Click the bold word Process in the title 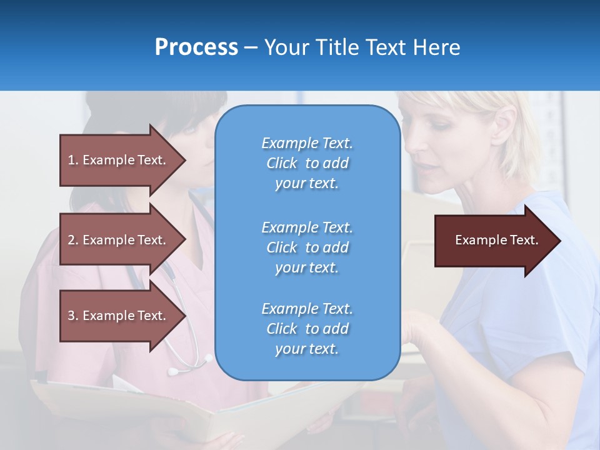coord(196,47)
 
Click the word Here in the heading coord(436,47)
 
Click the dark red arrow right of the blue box coord(494,240)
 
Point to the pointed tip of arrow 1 coord(184,160)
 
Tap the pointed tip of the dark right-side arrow coord(559,240)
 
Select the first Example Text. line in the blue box coord(307,143)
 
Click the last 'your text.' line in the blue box coord(307,349)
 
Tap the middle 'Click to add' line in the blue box coord(307,247)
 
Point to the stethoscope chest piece coord(174,371)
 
